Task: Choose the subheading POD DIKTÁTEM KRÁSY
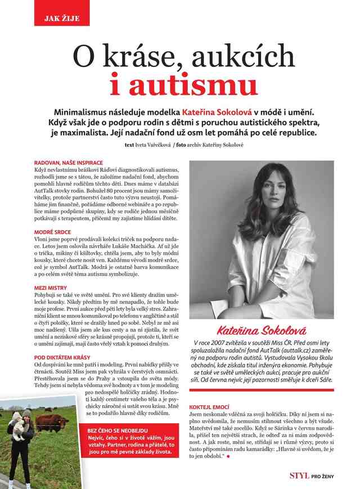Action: click(x=61, y=357)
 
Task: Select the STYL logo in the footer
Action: click(x=299, y=476)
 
